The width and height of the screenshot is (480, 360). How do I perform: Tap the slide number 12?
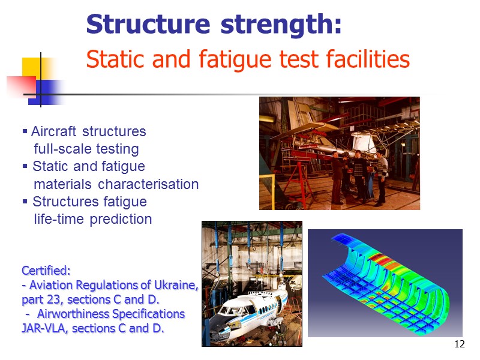click(460, 344)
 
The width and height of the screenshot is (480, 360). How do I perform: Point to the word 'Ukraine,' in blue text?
click(175, 285)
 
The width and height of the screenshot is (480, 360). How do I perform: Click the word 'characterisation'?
click(148, 184)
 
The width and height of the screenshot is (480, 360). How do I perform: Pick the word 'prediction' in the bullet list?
click(121, 219)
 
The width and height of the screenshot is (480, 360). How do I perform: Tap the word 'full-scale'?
click(61, 149)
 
